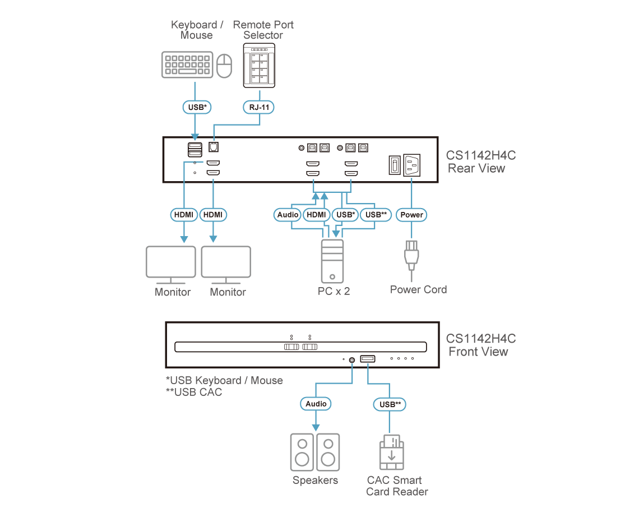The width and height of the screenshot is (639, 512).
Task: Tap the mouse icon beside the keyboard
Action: tap(224, 66)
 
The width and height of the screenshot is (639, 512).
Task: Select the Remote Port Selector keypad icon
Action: tap(259, 66)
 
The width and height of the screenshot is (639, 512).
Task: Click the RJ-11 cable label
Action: tap(259, 106)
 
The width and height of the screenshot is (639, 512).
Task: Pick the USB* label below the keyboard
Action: tap(195, 106)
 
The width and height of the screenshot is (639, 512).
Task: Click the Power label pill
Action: tap(412, 215)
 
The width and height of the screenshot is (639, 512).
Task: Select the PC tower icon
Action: tap(332, 261)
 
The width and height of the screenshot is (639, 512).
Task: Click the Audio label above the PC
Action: tap(288, 215)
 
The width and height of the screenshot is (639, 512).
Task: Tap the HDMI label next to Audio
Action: tap(317, 215)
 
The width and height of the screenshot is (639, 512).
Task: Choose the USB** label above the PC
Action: tap(375, 215)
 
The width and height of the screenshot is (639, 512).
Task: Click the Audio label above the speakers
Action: tap(316, 404)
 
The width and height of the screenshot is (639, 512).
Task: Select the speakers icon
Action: tap(315, 452)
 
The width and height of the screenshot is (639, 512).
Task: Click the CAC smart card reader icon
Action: tap(391, 452)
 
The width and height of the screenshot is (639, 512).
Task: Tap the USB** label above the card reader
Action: tap(390, 404)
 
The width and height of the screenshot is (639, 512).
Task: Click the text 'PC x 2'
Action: tap(334, 290)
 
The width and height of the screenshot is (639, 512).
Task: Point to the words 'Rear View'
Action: tap(476, 168)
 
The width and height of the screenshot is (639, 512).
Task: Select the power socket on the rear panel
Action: tap(412, 165)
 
